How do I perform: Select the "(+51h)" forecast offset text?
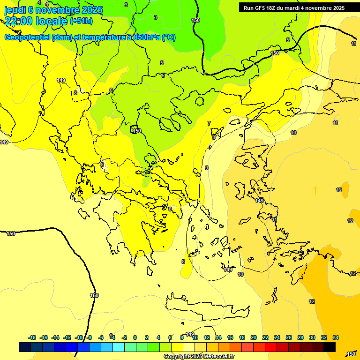click(81, 21)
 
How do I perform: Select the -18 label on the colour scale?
click(32, 337)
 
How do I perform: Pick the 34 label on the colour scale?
click(336, 337)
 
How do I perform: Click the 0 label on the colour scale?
click(135, 337)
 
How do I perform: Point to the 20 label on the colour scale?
click(254, 337)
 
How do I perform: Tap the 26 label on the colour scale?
click(289, 337)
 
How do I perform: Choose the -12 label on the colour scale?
click(67, 337)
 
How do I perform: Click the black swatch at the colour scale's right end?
click(330, 347)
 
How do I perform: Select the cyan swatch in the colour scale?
click(118, 347)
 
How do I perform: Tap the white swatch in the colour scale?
click(188, 347)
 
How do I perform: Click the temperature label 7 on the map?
click(209, 123)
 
